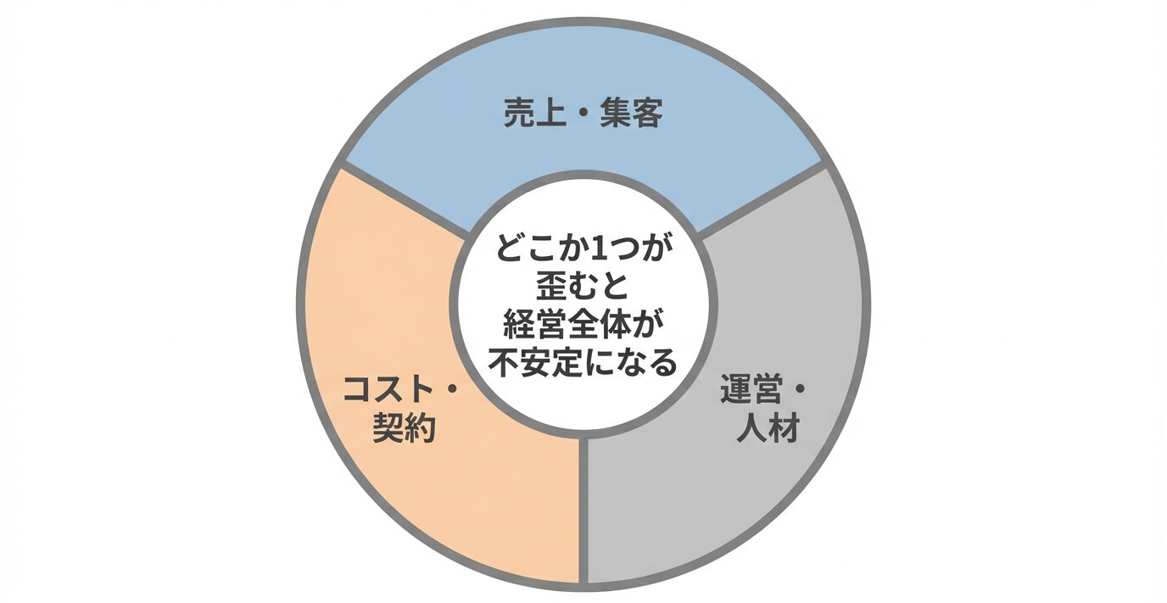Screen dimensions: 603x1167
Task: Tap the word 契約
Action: (x=405, y=429)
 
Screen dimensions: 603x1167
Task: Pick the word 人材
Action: (x=769, y=429)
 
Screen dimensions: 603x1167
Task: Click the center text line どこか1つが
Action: (x=583, y=252)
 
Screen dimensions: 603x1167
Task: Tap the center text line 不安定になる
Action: (x=583, y=363)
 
